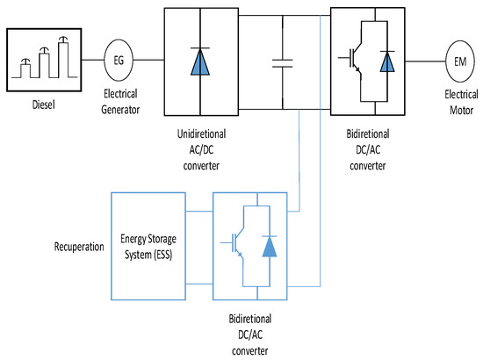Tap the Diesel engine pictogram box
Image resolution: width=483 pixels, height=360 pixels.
tap(44, 59)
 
